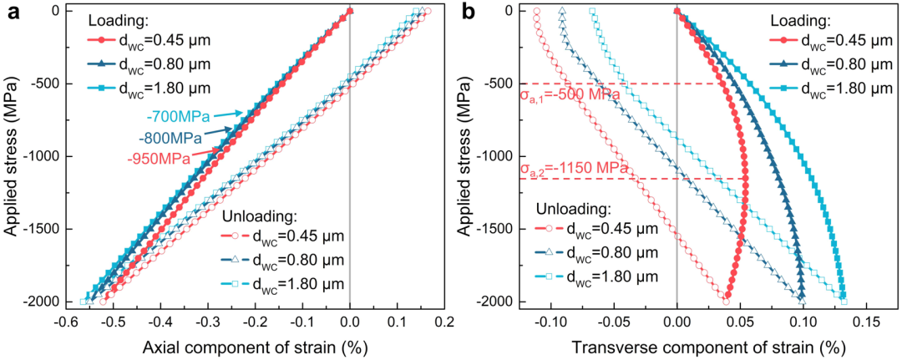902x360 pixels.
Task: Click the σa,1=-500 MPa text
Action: (569, 94)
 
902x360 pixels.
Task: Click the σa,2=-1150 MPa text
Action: (574, 170)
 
